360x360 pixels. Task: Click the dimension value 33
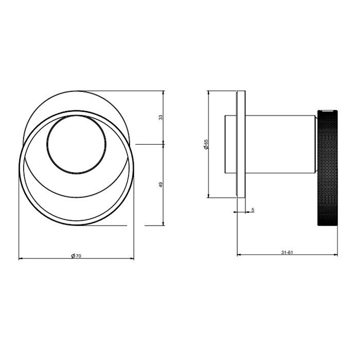(x=161, y=118)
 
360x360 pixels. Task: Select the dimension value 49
(x=161, y=185)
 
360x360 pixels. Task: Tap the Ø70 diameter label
(x=76, y=255)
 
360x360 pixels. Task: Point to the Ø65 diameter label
(x=205, y=144)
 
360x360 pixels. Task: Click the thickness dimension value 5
(x=253, y=210)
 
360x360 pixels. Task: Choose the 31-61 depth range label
(x=287, y=252)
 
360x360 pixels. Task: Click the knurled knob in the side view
(x=327, y=170)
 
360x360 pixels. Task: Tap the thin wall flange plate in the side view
(x=241, y=144)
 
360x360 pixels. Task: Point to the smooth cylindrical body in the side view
(x=280, y=144)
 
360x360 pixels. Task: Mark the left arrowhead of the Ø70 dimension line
(x=21, y=258)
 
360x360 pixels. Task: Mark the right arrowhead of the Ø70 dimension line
(x=132, y=258)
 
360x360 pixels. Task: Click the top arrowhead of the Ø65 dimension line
(x=208, y=93)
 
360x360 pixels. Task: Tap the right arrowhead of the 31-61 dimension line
(x=336, y=255)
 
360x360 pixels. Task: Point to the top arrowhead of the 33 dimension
(x=164, y=93)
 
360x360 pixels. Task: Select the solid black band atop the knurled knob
(x=327, y=110)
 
